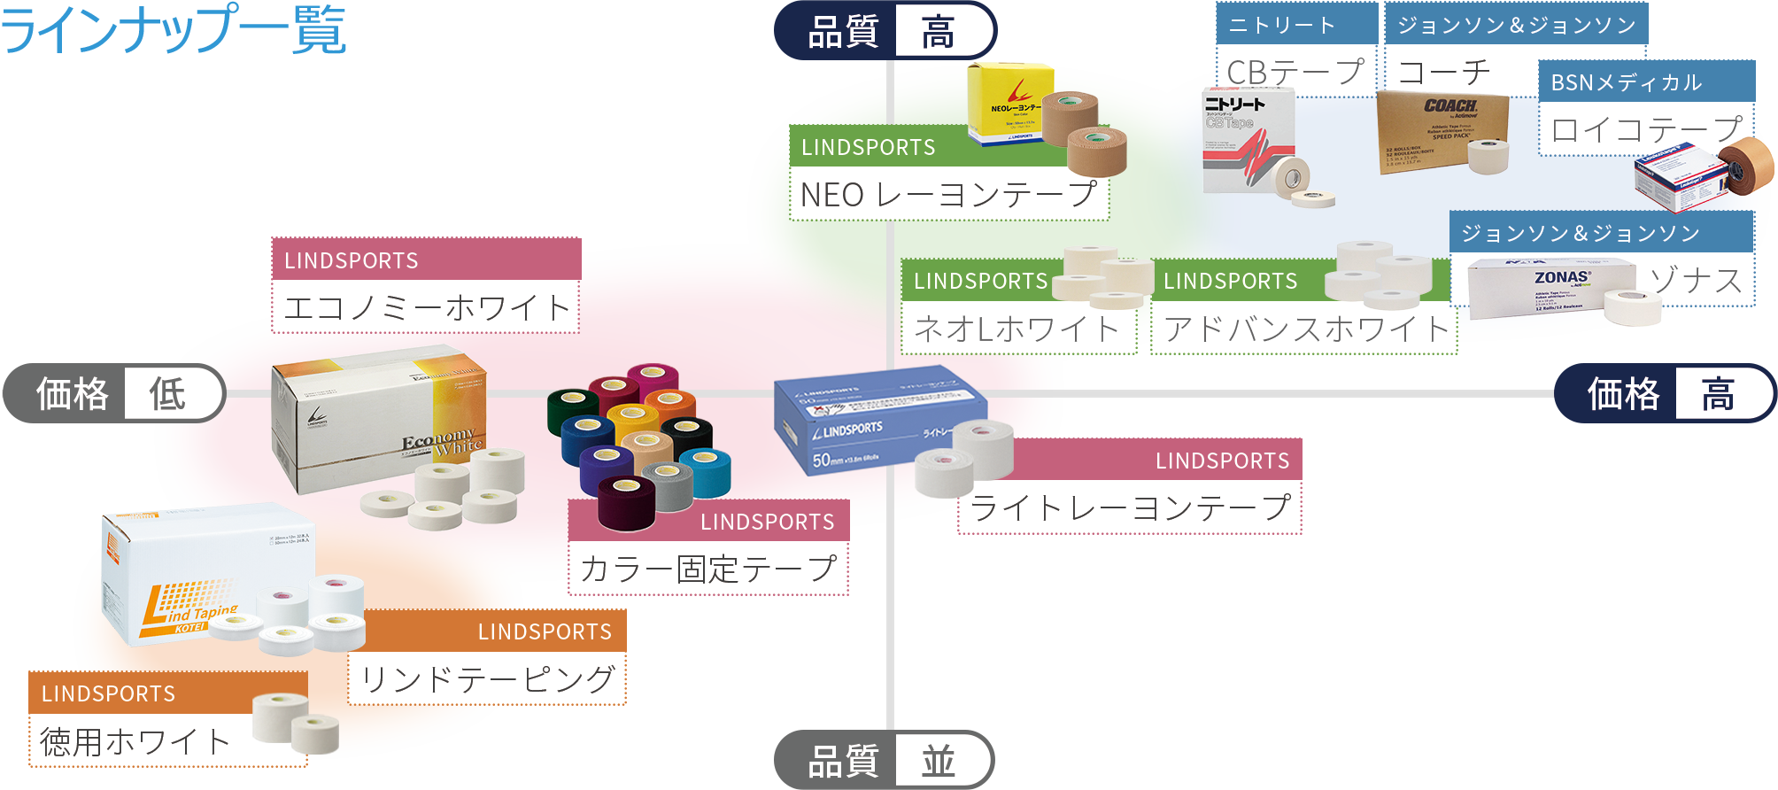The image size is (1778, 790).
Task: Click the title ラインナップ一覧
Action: pos(174,29)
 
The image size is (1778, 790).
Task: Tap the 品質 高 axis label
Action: pos(885,32)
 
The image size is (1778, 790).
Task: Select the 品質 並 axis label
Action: pos(883,760)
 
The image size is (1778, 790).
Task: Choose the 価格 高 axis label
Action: pos(1665,393)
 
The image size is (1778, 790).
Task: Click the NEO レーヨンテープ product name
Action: pos(948,194)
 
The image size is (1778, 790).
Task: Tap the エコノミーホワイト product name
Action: pos(426,307)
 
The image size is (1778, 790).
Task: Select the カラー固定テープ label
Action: pos(708,569)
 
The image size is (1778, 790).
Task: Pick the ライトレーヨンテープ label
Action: pos(1130,508)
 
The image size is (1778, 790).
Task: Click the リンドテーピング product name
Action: pos(487,679)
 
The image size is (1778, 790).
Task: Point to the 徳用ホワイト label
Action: pos(135,741)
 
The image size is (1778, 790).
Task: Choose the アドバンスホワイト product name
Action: pos(1304,329)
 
